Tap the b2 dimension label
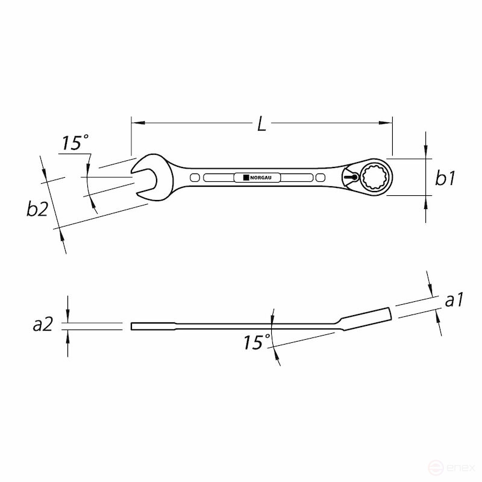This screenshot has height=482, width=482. click(37, 209)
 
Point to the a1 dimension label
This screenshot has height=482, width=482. click(454, 300)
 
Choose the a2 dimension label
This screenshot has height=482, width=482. click(43, 325)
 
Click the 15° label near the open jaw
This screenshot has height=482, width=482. click(75, 143)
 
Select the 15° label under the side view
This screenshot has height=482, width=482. click(257, 343)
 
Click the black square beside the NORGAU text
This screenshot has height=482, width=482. click(246, 178)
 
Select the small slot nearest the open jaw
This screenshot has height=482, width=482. click(194, 178)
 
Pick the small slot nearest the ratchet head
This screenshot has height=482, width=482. click(319, 178)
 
